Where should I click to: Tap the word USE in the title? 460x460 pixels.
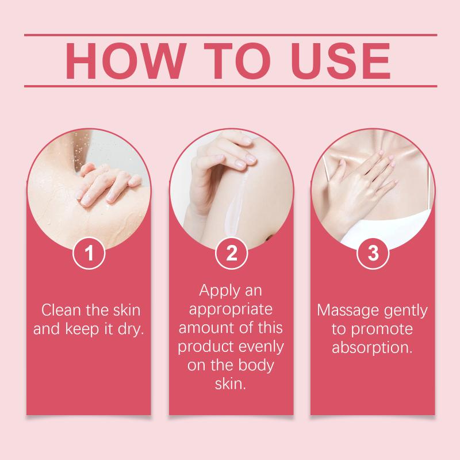tap(340, 61)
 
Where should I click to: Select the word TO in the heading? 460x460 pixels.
tap(237, 61)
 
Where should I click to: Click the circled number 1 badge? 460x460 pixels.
tap(89, 253)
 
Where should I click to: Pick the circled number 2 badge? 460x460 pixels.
tap(232, 253)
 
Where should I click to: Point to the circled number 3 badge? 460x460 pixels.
tap(373, 253)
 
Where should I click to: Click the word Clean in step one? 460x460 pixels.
tap(61, 310)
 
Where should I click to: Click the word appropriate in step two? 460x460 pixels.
tap(231, 310)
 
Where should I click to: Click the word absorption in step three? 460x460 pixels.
tap(372, 348)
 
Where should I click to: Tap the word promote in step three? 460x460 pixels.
tap(382, 329)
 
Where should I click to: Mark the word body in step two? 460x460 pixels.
tap(256, 366)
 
